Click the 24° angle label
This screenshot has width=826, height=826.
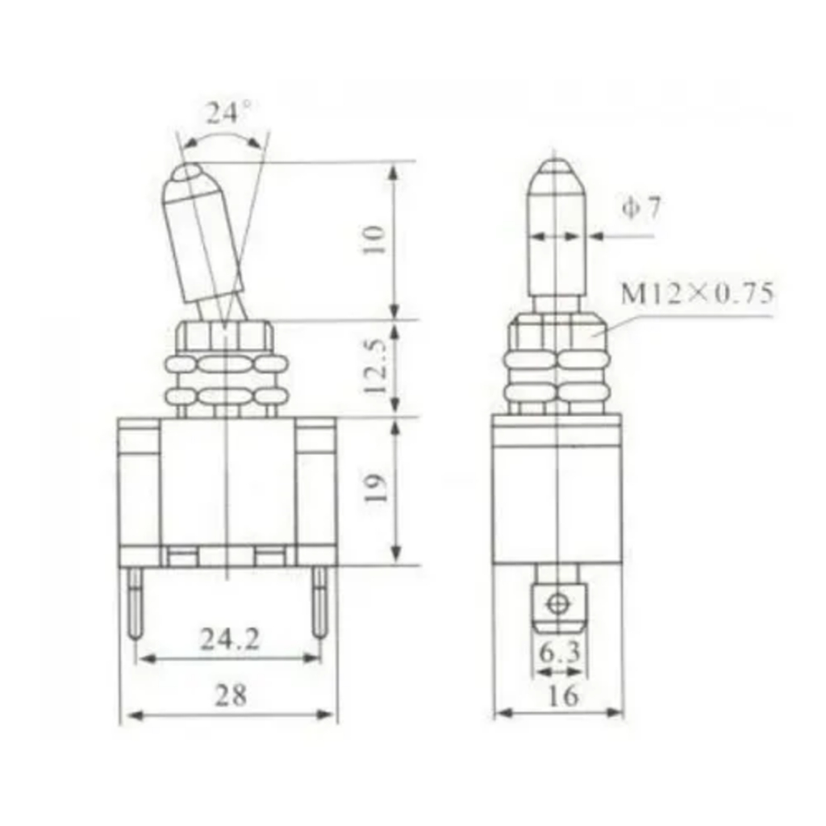coord(228,112)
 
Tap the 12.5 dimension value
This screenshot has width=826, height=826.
coord(376,366)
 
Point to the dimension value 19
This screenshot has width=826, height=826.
coord(375,488)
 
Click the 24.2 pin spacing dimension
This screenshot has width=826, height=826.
coord(230,640)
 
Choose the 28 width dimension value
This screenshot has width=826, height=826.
coord(230,695)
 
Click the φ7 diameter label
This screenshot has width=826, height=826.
coord(640,208)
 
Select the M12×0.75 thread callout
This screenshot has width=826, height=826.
coord(697,294)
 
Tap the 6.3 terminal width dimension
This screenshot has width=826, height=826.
coord(560,653)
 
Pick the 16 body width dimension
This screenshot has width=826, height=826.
coord(563,695)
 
